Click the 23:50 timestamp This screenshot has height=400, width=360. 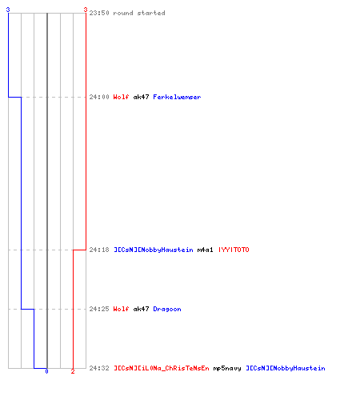click(x=99, y=13)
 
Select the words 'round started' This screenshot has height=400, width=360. click(x=139, y=13)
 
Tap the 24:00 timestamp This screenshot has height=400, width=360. click(x=99, y=97)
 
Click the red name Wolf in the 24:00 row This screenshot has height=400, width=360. click(x=121, y=97)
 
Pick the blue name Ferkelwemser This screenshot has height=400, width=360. click(x=177, y=97)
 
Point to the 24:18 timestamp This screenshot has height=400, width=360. click(x=99, y=250)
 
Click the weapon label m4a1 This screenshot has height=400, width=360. click(x=205, y=250)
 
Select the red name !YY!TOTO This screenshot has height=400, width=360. click(x=234, y=250)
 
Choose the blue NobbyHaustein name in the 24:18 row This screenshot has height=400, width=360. click(x=154, y=250)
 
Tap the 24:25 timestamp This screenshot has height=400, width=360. click(x=99, y=309)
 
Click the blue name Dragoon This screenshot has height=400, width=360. click(x=167, y=309)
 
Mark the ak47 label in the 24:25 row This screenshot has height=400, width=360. click(x=141, y=309)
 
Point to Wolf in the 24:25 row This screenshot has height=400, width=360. click(x=121, y=309)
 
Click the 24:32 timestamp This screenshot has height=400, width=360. click(x=99, y=368)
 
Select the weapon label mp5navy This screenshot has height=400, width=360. click(x=227, y=369)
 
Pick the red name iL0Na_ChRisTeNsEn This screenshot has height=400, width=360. click(x=162, y=368)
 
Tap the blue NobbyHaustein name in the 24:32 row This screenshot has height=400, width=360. click(x=286, y=368)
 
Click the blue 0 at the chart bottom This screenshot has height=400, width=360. click(x=46, y=371)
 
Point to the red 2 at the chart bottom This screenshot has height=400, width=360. click(x=73, y=371)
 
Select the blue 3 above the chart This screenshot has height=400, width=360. click(x=8, y=10)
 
